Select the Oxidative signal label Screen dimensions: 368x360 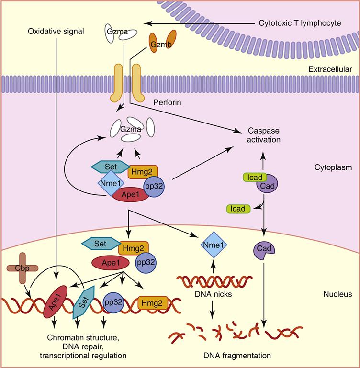tap(56, 32)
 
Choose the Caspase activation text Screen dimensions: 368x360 tap(263, 134)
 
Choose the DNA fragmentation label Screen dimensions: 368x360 tap(227, 356)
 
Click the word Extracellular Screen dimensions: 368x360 tap(329, 70)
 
